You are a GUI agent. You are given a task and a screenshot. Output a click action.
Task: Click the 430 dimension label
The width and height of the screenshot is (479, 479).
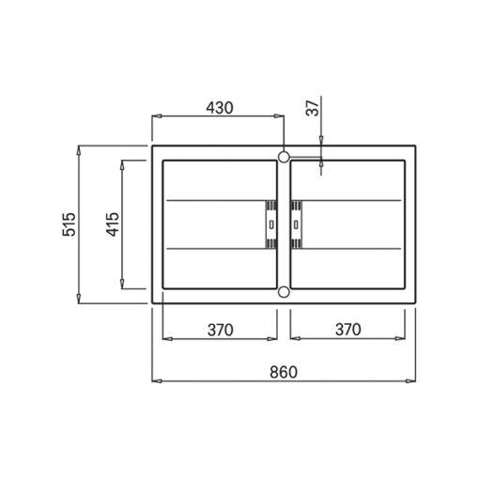point(220,108)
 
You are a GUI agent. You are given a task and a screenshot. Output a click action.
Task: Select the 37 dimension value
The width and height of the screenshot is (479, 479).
point(313,108)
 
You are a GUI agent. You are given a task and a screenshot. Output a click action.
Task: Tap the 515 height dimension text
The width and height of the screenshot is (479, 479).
point(69,224)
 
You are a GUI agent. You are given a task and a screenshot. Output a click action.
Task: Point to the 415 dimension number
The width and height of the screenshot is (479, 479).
point(113,224)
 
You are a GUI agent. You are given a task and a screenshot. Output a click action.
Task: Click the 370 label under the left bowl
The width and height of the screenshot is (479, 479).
point(221,330)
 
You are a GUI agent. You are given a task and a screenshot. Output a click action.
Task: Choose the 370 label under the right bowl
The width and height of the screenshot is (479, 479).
point(348,330)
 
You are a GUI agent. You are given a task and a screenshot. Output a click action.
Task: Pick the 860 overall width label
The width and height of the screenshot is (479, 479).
point(284,373)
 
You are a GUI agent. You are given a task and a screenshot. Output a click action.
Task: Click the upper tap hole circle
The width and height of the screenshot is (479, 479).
point(284,157)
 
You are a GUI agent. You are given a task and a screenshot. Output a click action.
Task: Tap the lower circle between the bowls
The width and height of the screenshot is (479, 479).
point(284,292)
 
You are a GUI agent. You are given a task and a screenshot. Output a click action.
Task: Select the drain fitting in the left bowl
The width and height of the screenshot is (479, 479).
point(271,224)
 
